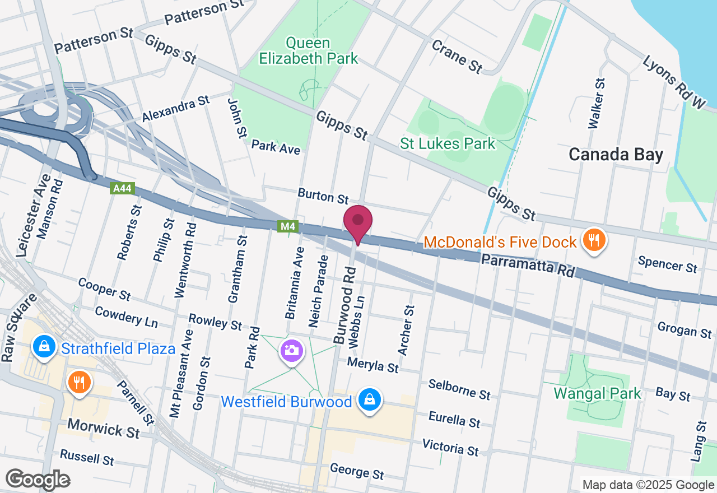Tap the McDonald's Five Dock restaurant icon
[x=593, y=240]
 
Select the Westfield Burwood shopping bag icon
[x=370, y=400]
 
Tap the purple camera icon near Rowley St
[x=291, y=351]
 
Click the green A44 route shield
[x=122, y=189]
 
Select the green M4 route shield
[x=287, y=226]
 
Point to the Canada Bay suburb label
[x=616, y=155]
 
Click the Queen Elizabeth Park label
[x=308, y=50]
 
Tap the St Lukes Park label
[x=448, y=144]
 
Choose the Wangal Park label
[x=597, y=393]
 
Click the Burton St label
[x=323, y=196]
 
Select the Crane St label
[x=457, y=55]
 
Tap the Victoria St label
[x=450, y=447]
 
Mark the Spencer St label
[x=668, y=264]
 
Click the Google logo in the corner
[x=38, y=480]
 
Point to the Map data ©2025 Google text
[x=648, y=485]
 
